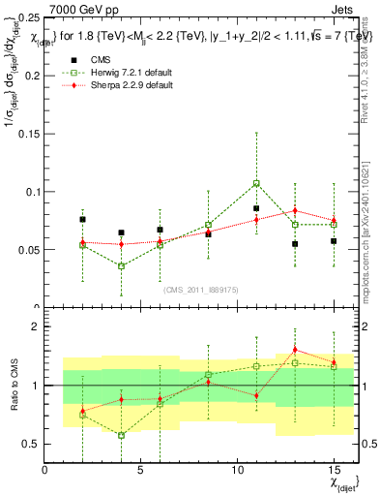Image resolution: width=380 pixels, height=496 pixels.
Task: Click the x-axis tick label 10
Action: pos(237,471)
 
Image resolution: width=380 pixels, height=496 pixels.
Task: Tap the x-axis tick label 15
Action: pos(334,471)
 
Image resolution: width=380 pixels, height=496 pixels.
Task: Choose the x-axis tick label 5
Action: pos(141,471)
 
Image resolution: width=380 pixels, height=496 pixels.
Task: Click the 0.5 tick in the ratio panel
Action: pos(32,444)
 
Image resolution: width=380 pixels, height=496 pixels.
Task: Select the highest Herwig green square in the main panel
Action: pos(256,183)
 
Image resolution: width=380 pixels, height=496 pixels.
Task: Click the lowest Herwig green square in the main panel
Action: pos(121,265)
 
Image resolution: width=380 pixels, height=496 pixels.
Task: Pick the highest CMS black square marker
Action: pos(256,208)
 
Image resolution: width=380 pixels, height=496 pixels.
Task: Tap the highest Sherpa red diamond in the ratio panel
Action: pos(295,350)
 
